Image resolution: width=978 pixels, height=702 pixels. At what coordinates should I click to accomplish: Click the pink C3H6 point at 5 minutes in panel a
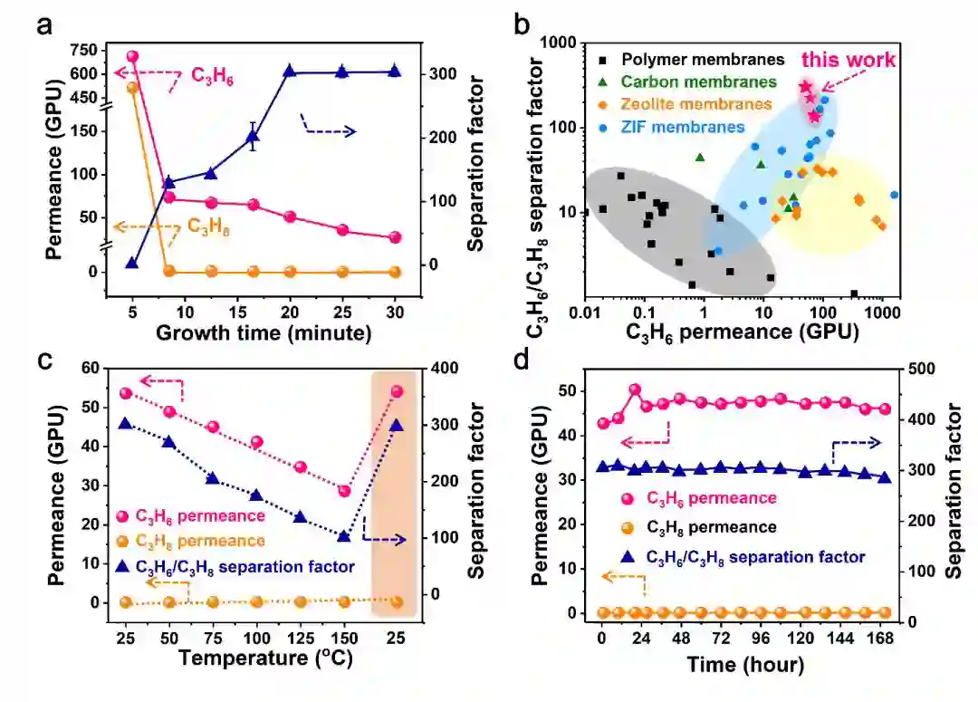coord(132,56)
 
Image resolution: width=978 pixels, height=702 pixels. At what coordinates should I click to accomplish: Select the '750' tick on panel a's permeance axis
coord(81,51)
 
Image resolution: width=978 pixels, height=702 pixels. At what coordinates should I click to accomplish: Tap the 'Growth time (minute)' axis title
coord(264,332)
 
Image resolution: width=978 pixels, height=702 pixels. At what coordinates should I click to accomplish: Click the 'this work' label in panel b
coord(848,60)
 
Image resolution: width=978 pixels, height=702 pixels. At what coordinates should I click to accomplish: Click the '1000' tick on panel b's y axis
coord(556,43)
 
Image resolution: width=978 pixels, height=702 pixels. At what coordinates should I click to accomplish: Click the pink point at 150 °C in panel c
coord(344,491)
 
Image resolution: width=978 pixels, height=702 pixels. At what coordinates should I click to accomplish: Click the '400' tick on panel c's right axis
coord(444,368)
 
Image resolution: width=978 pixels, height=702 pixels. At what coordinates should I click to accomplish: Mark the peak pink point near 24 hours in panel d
coord(635,389)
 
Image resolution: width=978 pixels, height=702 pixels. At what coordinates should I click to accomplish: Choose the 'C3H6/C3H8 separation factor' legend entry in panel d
coord(743,557)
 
